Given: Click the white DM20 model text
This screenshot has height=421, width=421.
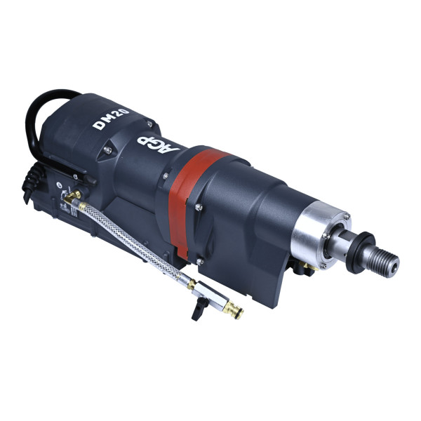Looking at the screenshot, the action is tap(111, 119).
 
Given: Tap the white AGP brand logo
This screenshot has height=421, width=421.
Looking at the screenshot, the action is tap(158, 145).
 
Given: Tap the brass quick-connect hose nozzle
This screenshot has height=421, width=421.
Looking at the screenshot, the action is tap(233, 309).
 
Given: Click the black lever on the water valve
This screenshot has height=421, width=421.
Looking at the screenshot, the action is tap(199, 308).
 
